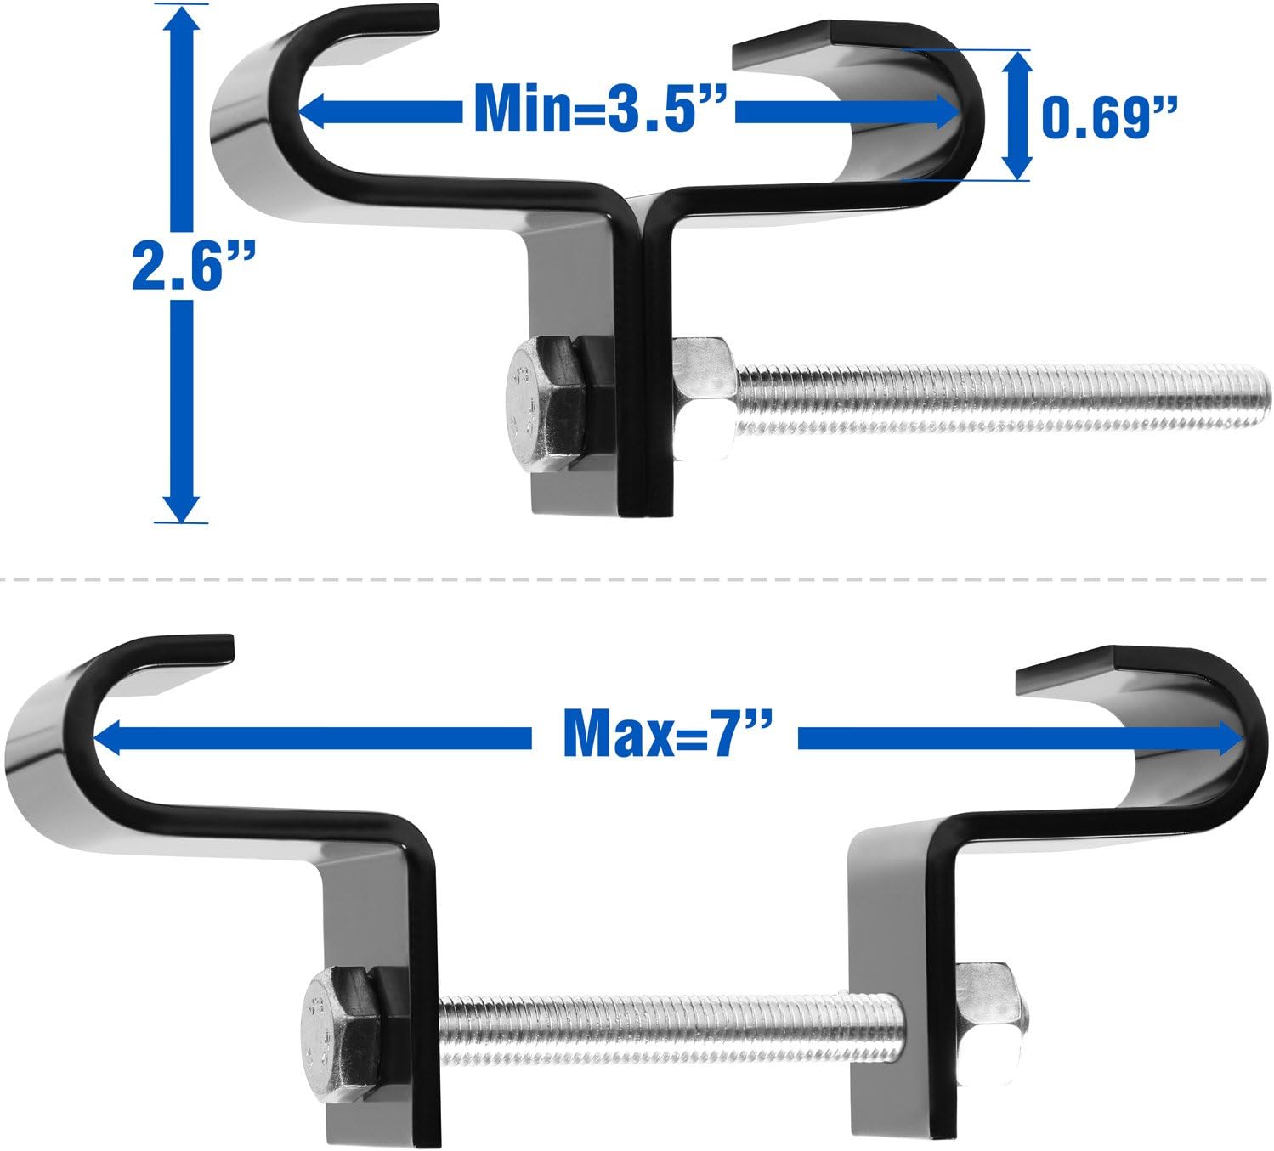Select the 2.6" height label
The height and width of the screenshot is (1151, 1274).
[185, 265]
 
